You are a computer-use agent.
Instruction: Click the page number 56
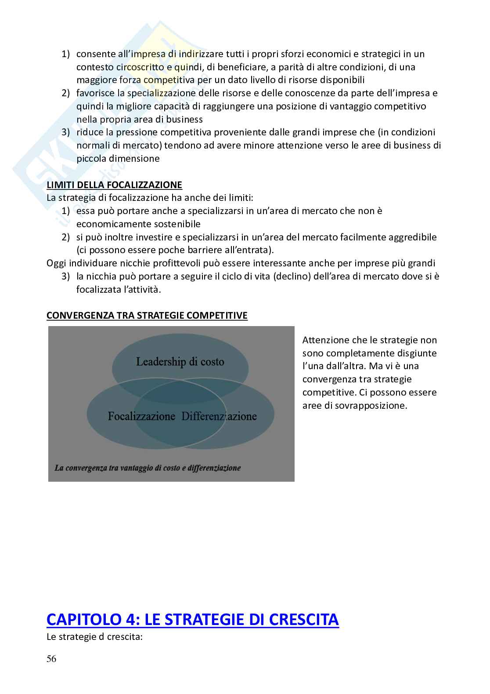(x=51, y=659)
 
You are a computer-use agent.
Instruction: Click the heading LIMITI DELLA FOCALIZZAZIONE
(x=114, y=185)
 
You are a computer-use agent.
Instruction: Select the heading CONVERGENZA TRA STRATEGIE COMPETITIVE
(x=147, y=316)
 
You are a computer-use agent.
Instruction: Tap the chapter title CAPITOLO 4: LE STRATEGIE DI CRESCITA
(x=192, y=619)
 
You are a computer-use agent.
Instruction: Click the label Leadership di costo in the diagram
(x=180, y=362)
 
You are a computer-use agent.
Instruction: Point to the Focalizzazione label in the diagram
(x=141, y=416)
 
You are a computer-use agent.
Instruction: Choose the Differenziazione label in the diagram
(x=219, y=416)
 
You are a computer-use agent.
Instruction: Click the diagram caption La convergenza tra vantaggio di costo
(x=148, y=468)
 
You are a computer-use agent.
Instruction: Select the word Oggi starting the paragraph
(x=56, y=263)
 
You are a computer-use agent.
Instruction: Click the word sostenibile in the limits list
(x=177, y=224)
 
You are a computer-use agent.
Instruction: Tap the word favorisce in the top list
(x=94, y=93)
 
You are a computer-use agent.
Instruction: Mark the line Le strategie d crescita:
(x=94, y=636)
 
